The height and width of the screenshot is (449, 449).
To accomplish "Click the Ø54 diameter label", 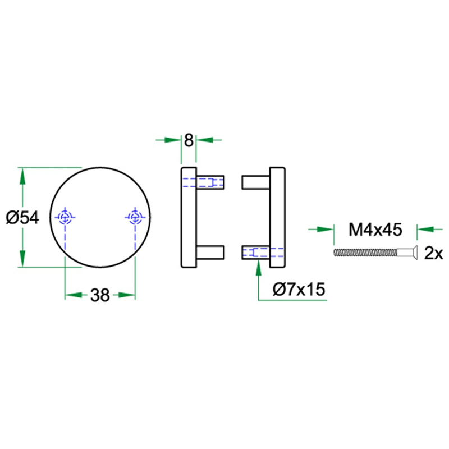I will (x=23, y=217).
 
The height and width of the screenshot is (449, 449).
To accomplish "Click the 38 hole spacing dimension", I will (x=100, y=295).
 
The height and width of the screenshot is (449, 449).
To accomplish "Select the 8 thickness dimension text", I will (x=189, y=139).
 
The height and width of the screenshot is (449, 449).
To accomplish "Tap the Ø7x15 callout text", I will (x=299, y=290).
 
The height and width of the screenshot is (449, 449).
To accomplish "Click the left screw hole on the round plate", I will (x=66, y=217).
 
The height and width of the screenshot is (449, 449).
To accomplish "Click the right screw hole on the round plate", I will (x=135, y=217).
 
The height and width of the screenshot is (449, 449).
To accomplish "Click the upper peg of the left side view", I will (x=210, y=182).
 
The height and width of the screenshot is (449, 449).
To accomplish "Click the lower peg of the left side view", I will (x=210, y=252).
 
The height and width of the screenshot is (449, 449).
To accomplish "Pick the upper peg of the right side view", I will (x=255, y=182).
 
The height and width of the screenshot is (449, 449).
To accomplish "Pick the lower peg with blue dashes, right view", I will (x=255, y=252).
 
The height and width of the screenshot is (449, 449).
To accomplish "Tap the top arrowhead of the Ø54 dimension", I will (x=22, y=176).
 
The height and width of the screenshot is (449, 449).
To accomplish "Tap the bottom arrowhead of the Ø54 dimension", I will (x=22, y=259).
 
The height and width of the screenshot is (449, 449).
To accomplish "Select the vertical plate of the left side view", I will (x=189, y=217).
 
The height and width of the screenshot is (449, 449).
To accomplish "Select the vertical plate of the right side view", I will (x=277, y=217).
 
